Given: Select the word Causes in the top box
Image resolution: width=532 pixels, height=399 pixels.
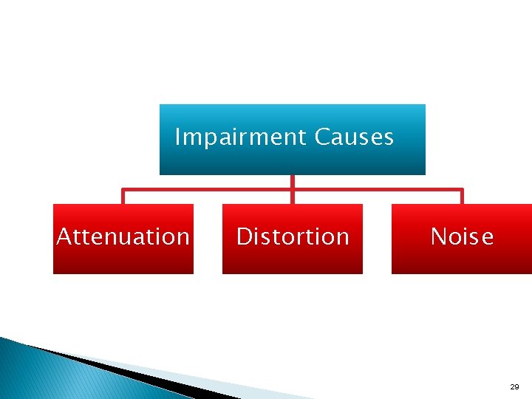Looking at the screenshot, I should point(354,137).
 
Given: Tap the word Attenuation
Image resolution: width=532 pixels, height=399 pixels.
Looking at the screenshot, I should point(123,237).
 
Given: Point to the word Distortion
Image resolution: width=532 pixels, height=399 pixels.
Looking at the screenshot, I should point(293,237).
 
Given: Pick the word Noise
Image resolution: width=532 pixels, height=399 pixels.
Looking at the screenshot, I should point(462,237).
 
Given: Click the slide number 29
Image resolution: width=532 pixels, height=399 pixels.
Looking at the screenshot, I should point(514,387).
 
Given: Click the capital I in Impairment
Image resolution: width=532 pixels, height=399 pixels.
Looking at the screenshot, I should point(177,137).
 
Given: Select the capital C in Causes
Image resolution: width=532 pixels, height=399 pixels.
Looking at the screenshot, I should point(321,137).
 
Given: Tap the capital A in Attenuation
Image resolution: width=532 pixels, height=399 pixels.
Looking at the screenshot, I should point(64,237).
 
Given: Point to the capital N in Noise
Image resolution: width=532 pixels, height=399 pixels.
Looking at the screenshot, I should point(437,237).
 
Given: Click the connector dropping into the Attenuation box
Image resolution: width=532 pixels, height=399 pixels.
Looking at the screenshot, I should point(123,197).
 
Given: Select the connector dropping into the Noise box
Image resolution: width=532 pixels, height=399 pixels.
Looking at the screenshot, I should point(462,197).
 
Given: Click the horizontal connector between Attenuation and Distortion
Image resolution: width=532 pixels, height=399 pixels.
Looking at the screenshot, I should point(207,190).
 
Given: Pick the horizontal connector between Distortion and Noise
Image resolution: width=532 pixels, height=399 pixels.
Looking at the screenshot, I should point(377,190).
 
